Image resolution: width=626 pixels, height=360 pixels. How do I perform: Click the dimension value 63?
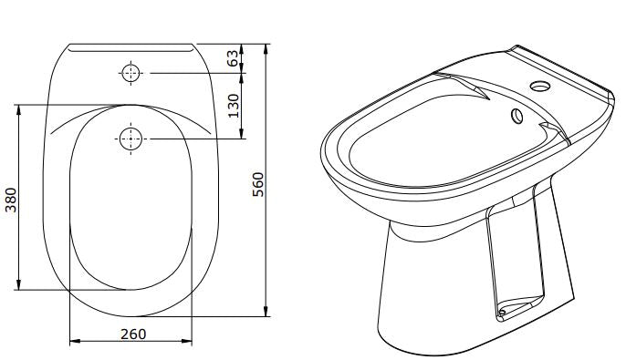(234, 57)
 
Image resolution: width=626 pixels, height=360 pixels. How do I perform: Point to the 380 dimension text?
(11, 200)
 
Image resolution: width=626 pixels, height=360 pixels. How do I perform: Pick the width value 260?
(133, 334)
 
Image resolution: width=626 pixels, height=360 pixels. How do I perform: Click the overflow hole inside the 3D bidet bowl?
(516, 116)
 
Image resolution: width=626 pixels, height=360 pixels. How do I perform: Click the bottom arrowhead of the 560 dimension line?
(266, 312)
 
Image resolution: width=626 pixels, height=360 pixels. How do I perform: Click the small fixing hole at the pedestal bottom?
(500, 316)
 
